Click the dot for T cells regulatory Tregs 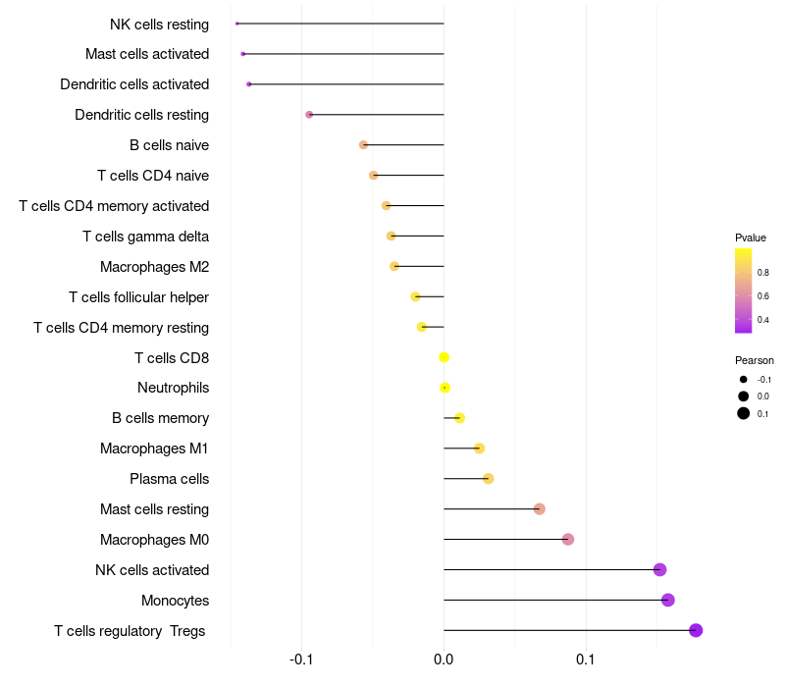tap(696, 630)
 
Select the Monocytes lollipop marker tap(668, 600)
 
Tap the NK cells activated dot tap(659, 569)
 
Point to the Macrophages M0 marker tap(567, 539)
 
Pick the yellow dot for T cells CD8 tap(444, 357)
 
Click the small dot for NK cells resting tap(237, 23)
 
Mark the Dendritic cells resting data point tap(309, 115)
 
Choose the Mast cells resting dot tap(539, 508)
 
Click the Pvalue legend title tap(751, 238)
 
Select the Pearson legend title tap(755, 360)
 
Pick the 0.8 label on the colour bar tap(762, 272)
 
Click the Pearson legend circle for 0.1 tap(744, 413)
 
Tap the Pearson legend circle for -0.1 tap(744, 379)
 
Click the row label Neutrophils tap(173, 388)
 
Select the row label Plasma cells tap(169, 479)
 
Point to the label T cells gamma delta tap(145, 237)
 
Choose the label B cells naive tap(169, 145)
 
